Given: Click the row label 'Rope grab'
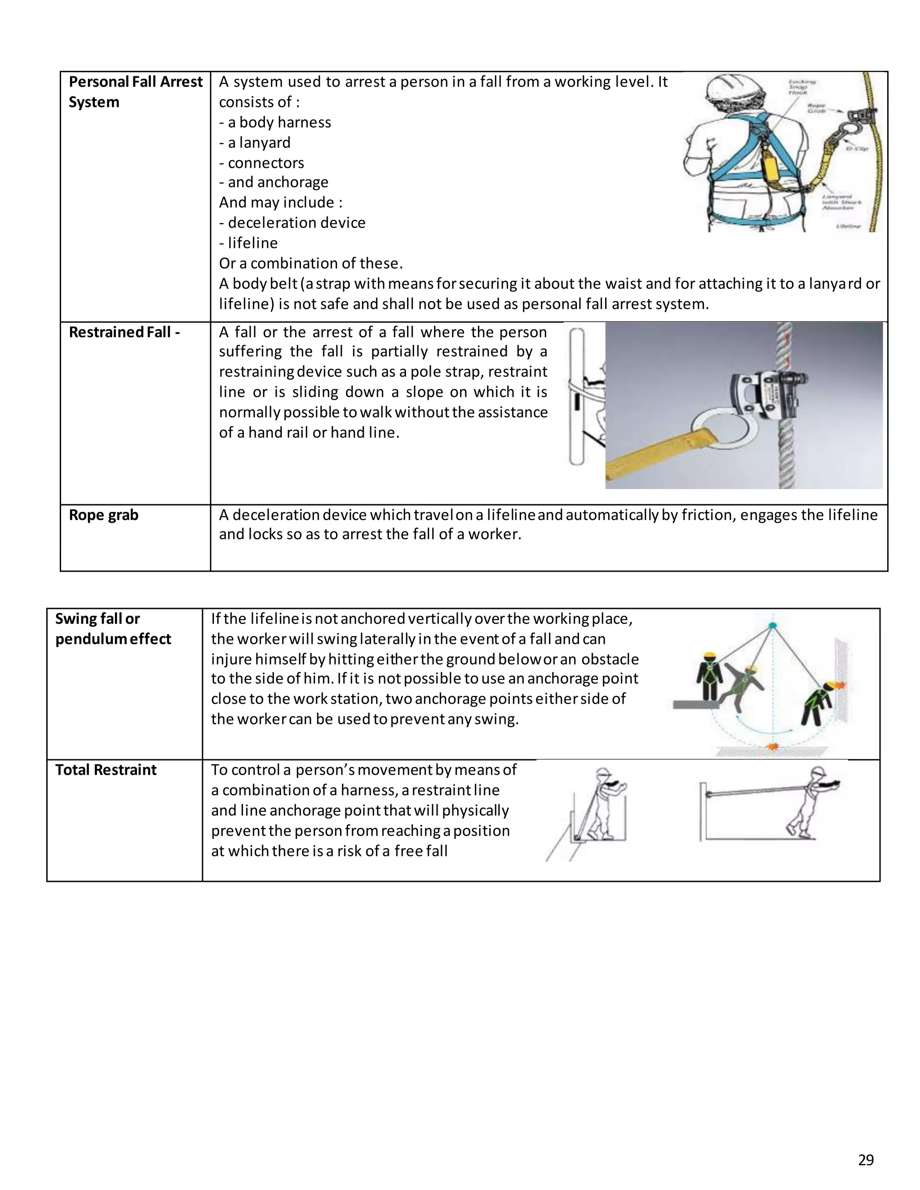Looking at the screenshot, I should (104, 515).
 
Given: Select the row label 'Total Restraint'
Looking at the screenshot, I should (106, 769).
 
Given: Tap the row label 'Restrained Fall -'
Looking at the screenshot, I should (124, 332).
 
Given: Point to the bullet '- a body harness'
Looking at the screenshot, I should (275, 122).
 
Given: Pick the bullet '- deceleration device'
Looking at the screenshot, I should (292, 222).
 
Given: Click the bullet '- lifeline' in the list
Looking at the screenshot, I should (248, 242).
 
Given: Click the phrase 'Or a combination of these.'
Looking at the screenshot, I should (311, 263).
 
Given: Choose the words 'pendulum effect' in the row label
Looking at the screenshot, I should (113, 639).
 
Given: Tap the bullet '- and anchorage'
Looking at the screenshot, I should (274, 182).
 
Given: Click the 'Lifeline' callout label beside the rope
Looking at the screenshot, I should (848, 225).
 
